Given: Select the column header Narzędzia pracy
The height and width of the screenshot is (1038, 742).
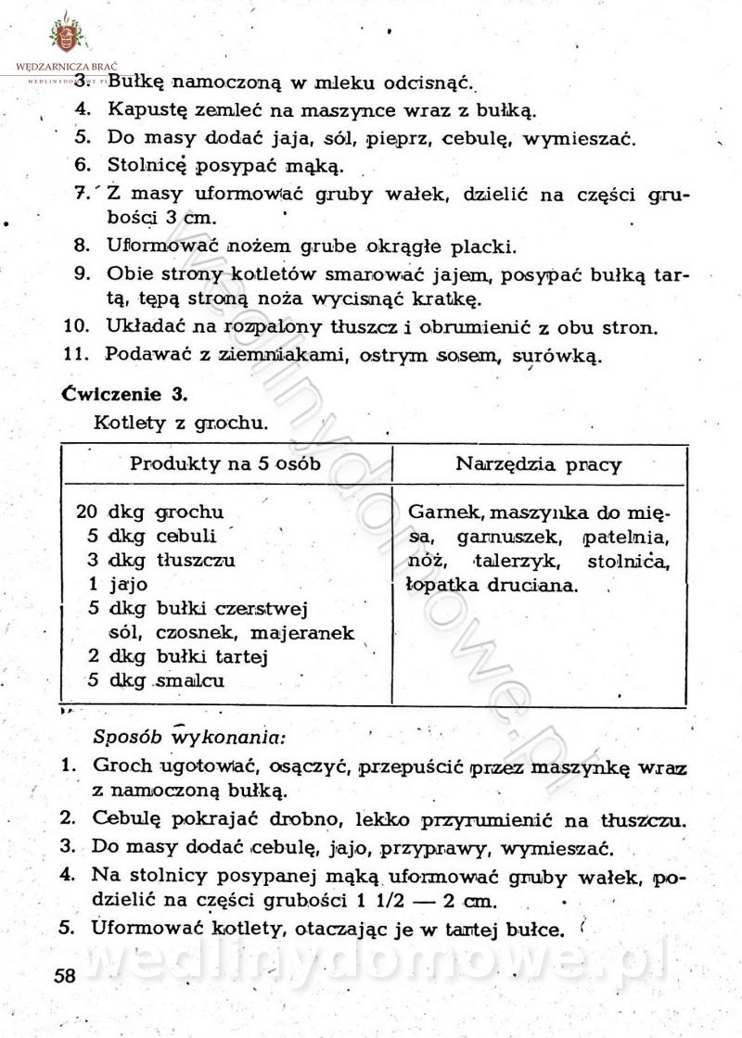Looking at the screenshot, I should point(539,464).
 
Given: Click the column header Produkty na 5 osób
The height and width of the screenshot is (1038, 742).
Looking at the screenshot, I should point(225,464).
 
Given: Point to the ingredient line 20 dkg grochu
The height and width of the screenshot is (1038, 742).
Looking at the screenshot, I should point(150,512).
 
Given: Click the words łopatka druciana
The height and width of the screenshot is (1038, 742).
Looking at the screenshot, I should point(492,585).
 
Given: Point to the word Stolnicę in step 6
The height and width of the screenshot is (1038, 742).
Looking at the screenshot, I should point(147,168).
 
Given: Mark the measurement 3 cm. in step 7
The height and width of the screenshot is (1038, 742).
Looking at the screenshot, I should point(190,219).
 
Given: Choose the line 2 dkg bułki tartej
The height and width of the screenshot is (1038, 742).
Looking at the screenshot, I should point(177,657).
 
